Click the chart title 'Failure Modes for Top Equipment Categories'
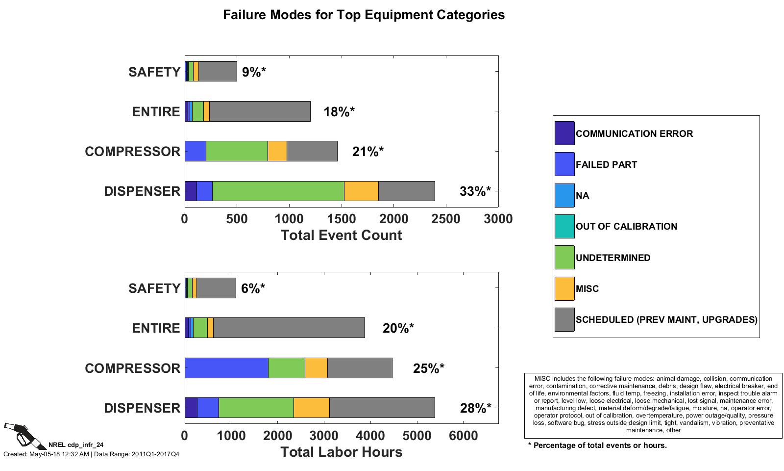pyautogui.click(x=364, y=15)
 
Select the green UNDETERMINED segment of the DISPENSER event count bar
pyautogui.click(x=278, y=191)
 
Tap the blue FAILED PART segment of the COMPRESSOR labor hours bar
pyautogui.click(x=226, y=368)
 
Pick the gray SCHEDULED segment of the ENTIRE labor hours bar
pyautogui.click(x=289, y=328)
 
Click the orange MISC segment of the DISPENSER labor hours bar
pyautogui.click(x=311, y=408)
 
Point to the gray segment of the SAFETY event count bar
pyautogui.click(x=218, y=72)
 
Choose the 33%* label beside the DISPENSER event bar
pyautogui.click(x=475, y=191)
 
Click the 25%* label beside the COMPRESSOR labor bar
pyautogui.click(x=428, y=368)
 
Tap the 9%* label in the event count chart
pyautogui.click(x=253, y=72)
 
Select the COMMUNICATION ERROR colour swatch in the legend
pyautogui.click(x=564, y=133)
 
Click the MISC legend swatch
pyautogui.click(x=564, y=288)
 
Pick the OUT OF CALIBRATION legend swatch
pyautogui.click(x=564, y=226)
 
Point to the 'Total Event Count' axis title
pyautogui.click(x=341, y=235)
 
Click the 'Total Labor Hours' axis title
pyautogui.click(x=341, y=452)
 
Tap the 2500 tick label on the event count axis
pyautogui.click(x=446, y=219)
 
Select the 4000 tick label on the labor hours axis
pyautogui.click(x=370, y=436)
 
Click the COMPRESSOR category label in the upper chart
pyautogui.click(x=132, y=152)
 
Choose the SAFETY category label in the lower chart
pyautogui.click(x=154, y=288)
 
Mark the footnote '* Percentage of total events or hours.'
pyautogui.click(x=597, y=445)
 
